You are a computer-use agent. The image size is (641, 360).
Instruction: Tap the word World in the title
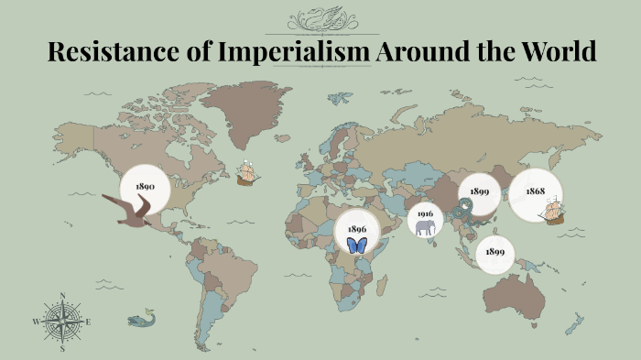[x=558, y=52]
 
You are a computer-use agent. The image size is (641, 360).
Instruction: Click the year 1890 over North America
[x=144, y=186]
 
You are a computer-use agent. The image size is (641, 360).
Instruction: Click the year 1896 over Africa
[x=357, y=229]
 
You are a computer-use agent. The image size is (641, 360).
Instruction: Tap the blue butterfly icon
[x=357, y=245]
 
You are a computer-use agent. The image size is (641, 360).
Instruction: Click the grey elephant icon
[x=425, y=226]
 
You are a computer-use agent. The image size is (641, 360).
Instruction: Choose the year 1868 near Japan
[x=535, y=191]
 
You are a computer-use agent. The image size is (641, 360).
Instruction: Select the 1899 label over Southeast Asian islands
[x=495, y=251]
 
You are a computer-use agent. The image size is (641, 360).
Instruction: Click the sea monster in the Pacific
[x=141, y=319]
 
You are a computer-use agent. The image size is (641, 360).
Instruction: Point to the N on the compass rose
[x=62, y=296]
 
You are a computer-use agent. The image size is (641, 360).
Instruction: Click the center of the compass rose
[x=62, y=322]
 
